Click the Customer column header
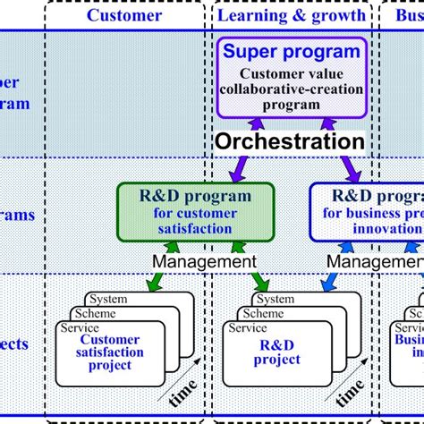(x=125, y=15)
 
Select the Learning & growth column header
(x=293, y=15)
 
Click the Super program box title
(x=292, y=51)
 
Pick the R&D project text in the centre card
(x=277, y=352)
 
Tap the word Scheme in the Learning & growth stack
(x=265, y=314)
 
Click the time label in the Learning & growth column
(x=352, y=394)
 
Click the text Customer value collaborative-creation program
(x=292, y=90)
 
